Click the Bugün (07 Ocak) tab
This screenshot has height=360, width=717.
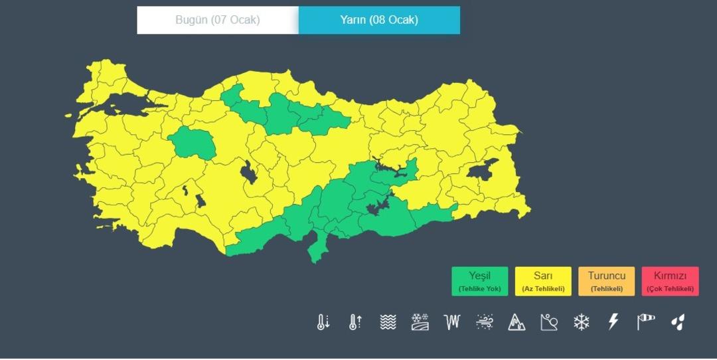(218, 20)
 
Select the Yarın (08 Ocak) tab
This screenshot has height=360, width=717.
(379, 20)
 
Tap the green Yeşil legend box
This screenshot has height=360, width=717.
(479, 281)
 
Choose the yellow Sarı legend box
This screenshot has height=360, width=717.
(543, 281)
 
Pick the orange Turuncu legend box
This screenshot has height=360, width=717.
(606, 281)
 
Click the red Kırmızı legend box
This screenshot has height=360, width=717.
(670, 281)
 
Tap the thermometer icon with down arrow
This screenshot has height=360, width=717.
(323, 322)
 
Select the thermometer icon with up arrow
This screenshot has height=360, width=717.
(355, 322)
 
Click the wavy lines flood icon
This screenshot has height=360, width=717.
(388, 322)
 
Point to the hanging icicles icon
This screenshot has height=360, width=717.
(452, 322)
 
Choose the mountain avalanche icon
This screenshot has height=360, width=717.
(517, 322)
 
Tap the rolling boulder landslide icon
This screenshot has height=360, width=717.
(549, 322)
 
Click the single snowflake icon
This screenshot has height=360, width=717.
(582, 322)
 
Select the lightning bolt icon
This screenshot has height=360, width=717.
(613, 322)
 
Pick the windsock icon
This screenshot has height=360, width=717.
(645, 322)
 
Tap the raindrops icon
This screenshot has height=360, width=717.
(678, 322)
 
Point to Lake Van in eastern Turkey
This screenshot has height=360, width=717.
(483, 170)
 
